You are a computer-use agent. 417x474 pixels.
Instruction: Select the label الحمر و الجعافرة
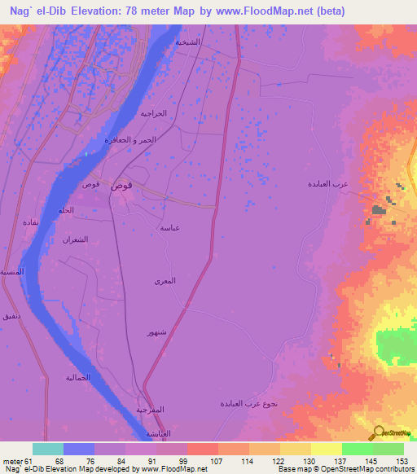129,140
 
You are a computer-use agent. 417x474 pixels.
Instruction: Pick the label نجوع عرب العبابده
249,404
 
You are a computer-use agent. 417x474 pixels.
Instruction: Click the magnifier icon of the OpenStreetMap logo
378,432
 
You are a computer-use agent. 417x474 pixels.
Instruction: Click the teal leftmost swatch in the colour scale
48,449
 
